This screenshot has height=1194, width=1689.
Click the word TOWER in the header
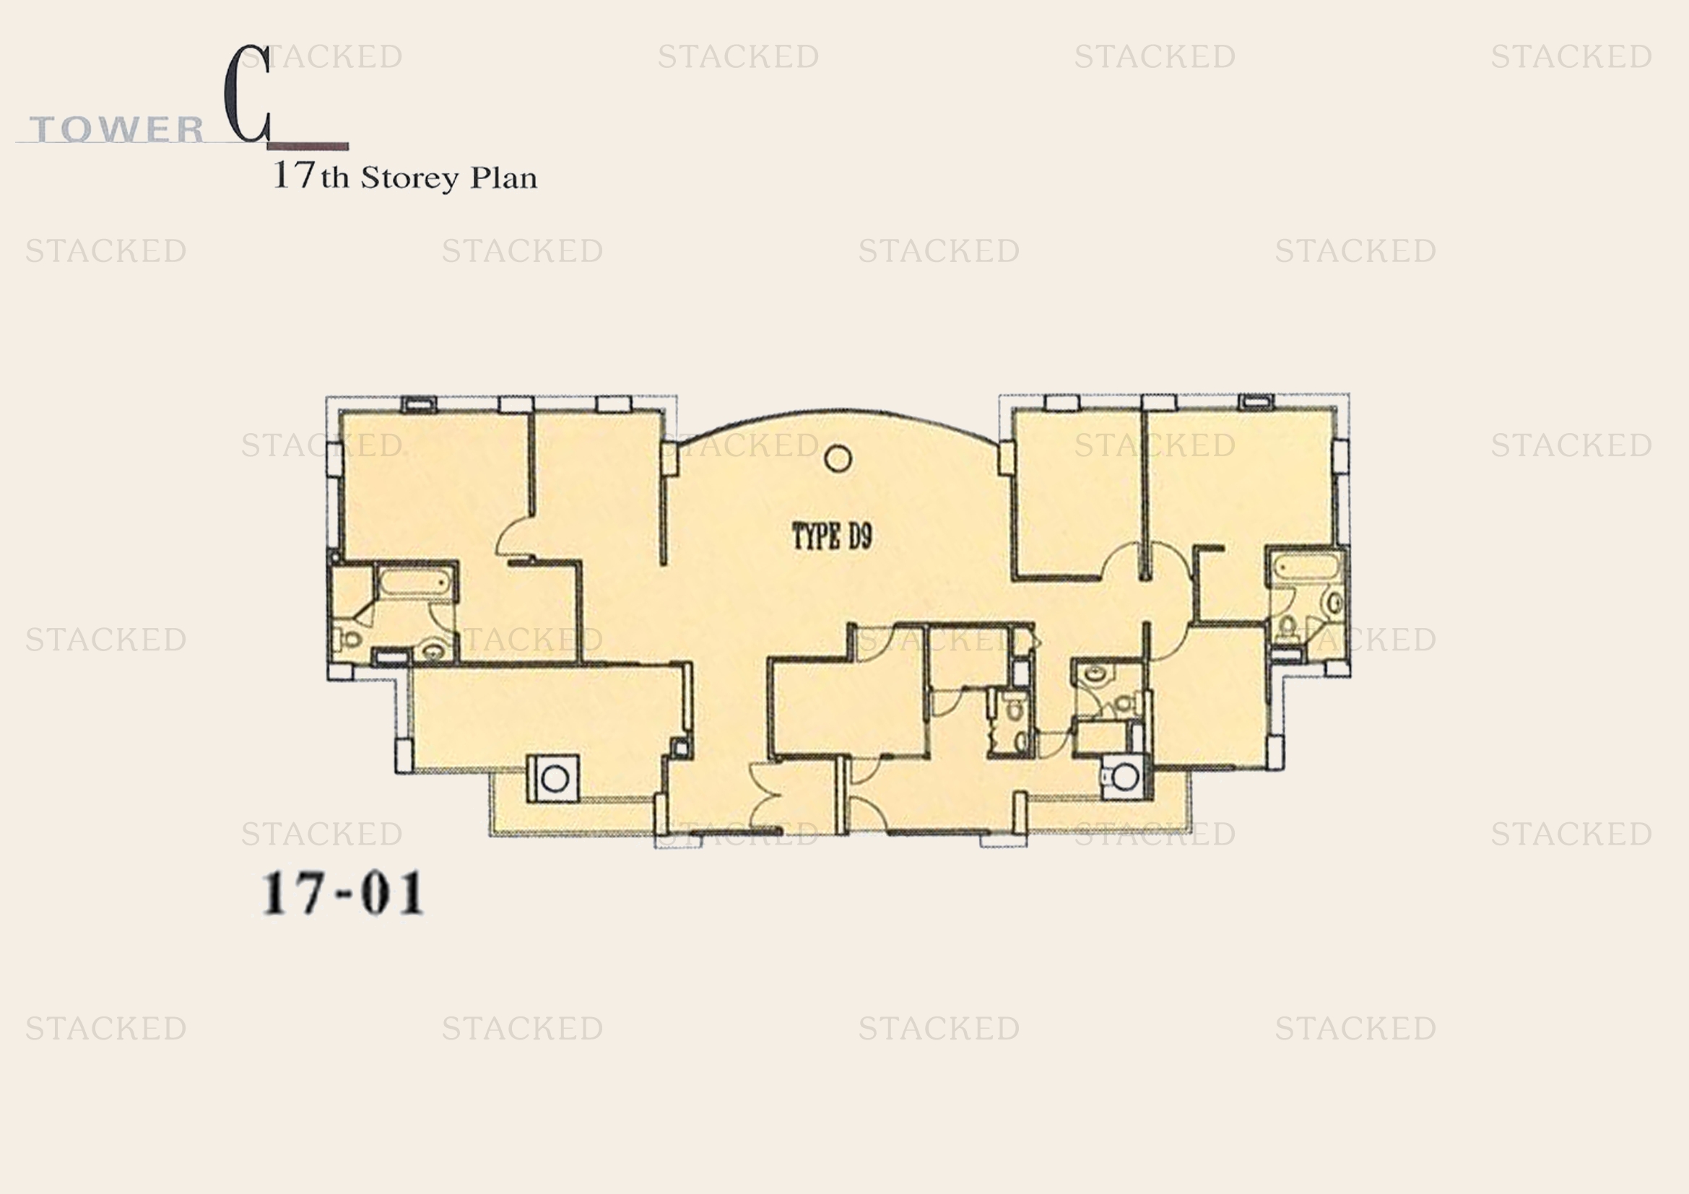tap(117, 130)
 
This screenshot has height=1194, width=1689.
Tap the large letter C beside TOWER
tap(246, 93)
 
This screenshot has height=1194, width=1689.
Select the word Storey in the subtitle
tap(409, 178)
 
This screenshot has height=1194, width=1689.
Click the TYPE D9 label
tap(832, 536)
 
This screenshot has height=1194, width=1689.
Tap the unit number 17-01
tap(343, 893)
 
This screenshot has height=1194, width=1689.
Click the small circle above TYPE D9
tap(838, 460)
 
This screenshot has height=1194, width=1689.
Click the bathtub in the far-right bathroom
tap(1304, 567)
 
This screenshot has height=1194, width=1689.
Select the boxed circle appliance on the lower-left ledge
tap(553, 779)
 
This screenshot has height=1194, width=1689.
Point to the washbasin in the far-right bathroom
tap(1334, 603)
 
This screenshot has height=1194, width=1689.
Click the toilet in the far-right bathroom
tap(1288, 626)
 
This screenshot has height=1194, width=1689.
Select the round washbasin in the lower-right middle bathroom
tap(1095, 673)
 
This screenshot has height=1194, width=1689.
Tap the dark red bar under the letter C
tap(308, 147)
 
